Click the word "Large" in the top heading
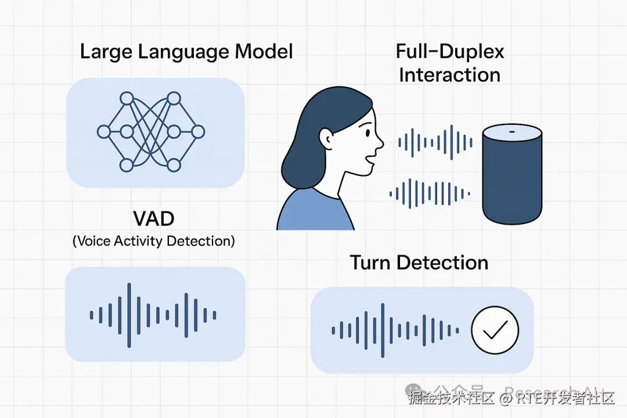[106, 52]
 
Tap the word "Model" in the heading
[264, 52]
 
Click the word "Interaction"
[450, 75]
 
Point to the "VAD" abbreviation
[153, 219]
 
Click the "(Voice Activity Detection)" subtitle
[154, 241]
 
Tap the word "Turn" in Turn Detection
[372, 262]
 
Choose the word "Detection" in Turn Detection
[442, 262]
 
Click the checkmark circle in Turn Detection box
[495, 330]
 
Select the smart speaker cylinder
[513, 177]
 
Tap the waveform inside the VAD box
[153, 315]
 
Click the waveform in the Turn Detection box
[395, 330]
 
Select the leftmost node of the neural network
[103, 132]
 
